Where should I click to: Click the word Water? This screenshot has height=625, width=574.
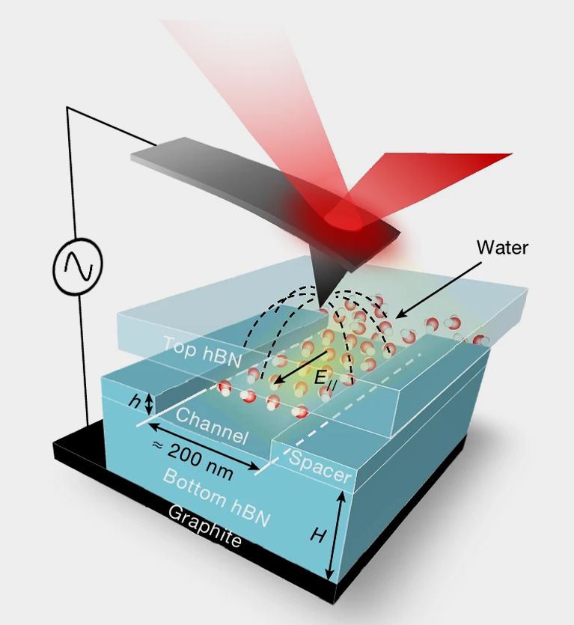[x=502, y=247]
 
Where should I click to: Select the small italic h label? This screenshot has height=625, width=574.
[x=135, y=402]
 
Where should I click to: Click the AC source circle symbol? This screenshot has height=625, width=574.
[x=77, y=266]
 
